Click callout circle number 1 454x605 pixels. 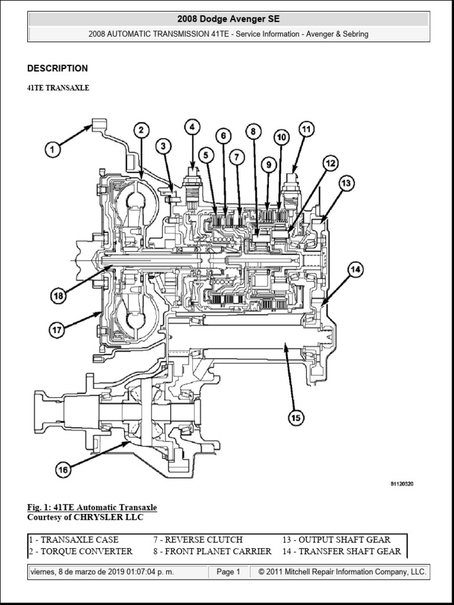[54, 150]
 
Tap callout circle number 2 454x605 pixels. [141, 130]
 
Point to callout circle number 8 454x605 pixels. [253, 132]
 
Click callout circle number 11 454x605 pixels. [305, 129]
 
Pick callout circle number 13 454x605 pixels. [346, 184]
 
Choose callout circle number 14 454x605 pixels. [355, 270]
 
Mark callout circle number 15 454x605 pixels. [296, 418]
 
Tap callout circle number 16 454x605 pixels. [63, 470]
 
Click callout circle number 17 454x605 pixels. [57, 330]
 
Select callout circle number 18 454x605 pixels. [58, 297]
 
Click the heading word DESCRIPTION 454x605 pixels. [57, 69]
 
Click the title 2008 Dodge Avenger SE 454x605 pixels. [228, 19]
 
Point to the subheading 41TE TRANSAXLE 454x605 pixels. [58, 87]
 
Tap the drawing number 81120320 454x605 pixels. [401, 484]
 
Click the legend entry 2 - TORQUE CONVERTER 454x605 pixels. [80, 551]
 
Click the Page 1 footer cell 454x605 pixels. [228, 572]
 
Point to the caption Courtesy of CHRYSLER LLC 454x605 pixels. [85, 517]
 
